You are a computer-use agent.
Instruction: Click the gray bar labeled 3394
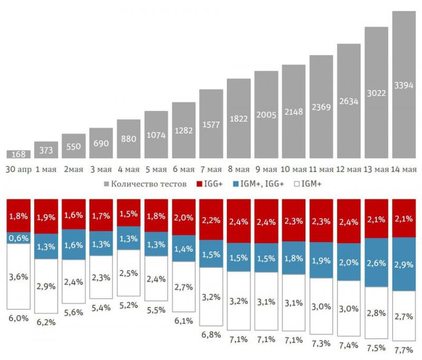pos(404,84)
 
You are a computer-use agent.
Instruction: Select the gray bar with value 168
pos(18,154)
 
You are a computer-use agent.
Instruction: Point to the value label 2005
pos(266,115)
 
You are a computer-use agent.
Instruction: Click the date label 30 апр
pos(18,169)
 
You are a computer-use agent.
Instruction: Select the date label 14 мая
pos(404,169)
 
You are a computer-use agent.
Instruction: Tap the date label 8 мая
pos(238,169)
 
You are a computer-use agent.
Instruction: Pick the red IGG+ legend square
pos(199,184)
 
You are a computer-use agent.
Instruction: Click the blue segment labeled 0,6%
pos(18,238)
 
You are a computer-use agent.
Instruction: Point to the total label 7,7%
pos(404,349)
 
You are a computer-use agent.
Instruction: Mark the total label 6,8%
pos(211,335)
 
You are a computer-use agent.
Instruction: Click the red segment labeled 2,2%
pos(211,221)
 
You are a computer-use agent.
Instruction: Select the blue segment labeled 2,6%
pos(376,262)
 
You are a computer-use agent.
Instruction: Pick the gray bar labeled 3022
pos(376,92)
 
